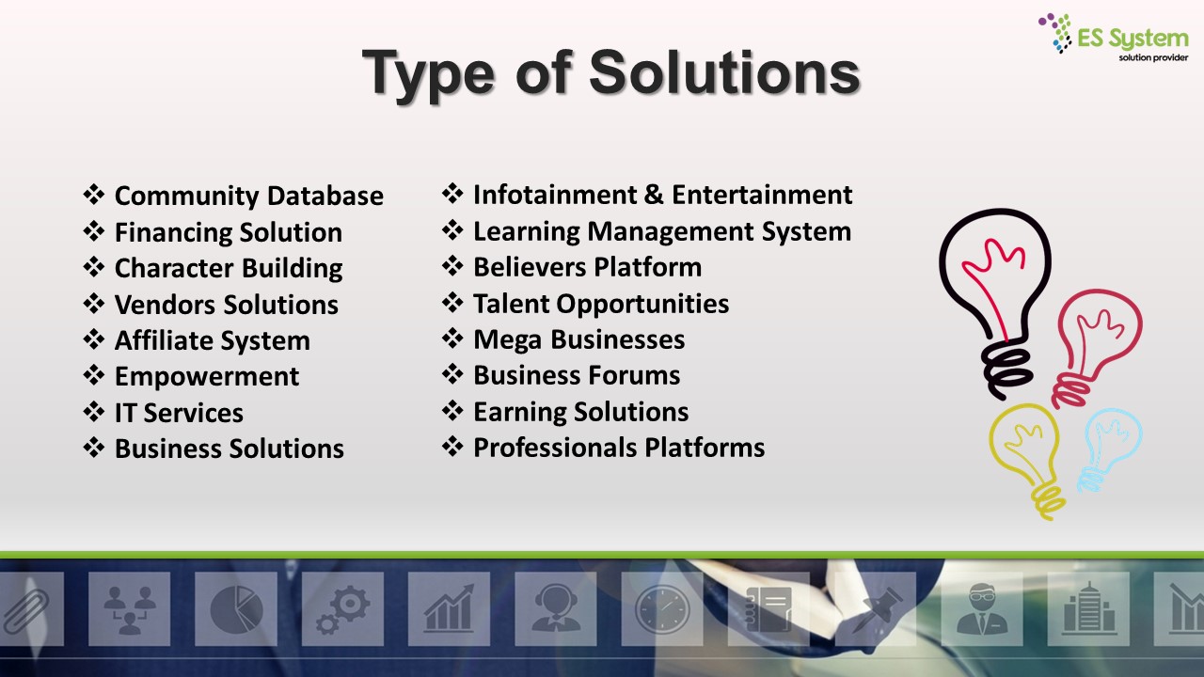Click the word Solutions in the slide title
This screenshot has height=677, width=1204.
pyautogui.click(x=725, y=72)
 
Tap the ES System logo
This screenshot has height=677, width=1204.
pyautogui.click(x=1113, y=37)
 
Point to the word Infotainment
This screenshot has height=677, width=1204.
pyautogui.click(x=555, y=195)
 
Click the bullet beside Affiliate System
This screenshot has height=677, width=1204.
pyautogui.click(x=93, y=339)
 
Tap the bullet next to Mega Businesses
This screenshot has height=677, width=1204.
pyautogui.click(x=452, y=338)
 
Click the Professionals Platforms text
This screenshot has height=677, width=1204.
pyautogui.click(x=619, y=448)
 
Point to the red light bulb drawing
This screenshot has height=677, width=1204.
pyautogui.click(x=1097, y=348)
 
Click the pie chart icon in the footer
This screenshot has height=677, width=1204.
pyautogui.click(x=236, y=609)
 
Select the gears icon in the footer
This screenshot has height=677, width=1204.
pyautogui.click(x=343, y=609)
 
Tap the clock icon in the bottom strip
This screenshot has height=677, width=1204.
pyautogui.click(x=662, y=609)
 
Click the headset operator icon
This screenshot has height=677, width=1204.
pyautogui.click(x=555, y=609)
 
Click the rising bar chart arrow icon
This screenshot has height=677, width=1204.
pyautogui.click(x=450, y=608)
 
